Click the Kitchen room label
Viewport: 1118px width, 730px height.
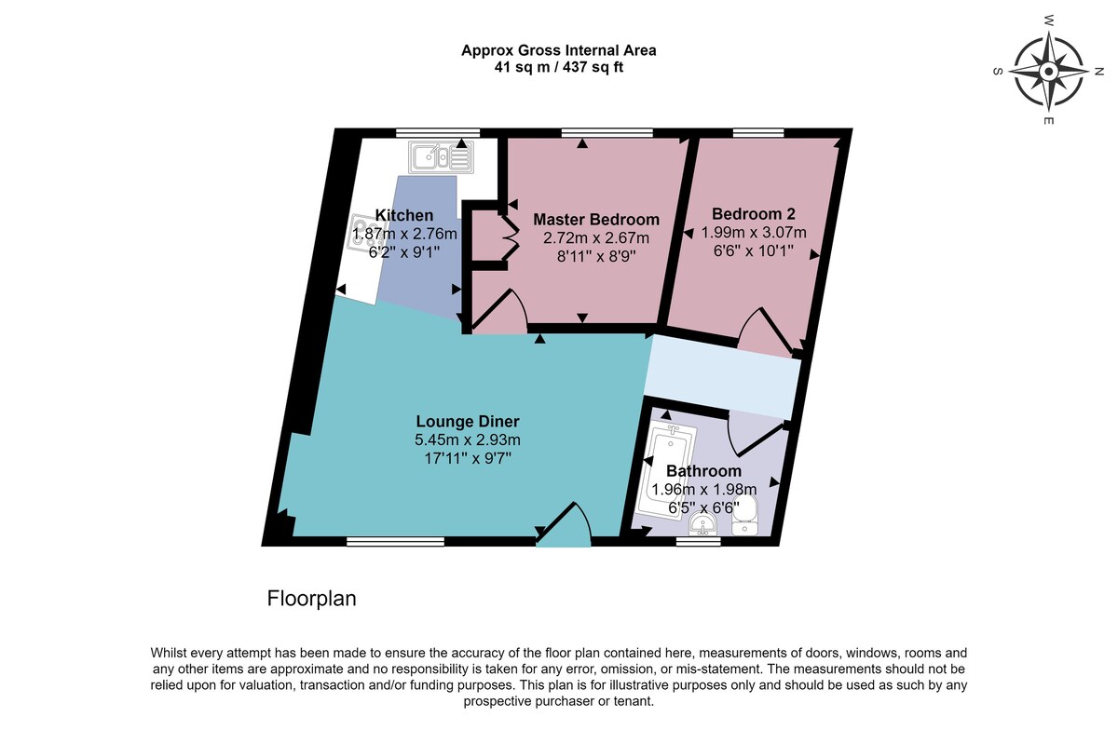click(x=403, y=215)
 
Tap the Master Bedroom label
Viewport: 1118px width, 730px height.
click(x=596, y=220)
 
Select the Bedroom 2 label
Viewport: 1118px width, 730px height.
click(x=753, y=214)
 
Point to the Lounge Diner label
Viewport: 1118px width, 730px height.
click(x=468, y=422)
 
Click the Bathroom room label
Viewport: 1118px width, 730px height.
click(x=703, y=471)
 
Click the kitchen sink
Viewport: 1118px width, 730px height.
click(x=441, y=157)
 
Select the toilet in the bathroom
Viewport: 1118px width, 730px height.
click(x=745, y=516)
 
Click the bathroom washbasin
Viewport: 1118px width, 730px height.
click(x=702, y=525)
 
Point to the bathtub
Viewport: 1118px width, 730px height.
click(x=668, y=471)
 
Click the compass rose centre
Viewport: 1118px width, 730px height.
click(x=1048, y=72)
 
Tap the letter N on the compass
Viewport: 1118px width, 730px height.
click(x=1098, y=72)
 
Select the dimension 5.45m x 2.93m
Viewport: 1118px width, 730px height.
click(x=468, y=440)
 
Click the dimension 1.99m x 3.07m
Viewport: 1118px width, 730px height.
click(x=754, y=233)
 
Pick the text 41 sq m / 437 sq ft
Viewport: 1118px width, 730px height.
click(x=558, y=67)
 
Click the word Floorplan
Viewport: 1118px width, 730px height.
click(x=311, y=599)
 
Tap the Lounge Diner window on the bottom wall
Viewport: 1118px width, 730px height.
click(x=395, y=541)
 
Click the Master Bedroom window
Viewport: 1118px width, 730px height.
click(x=607, y=133)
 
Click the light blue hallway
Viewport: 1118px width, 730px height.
click(x=723, y=376)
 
